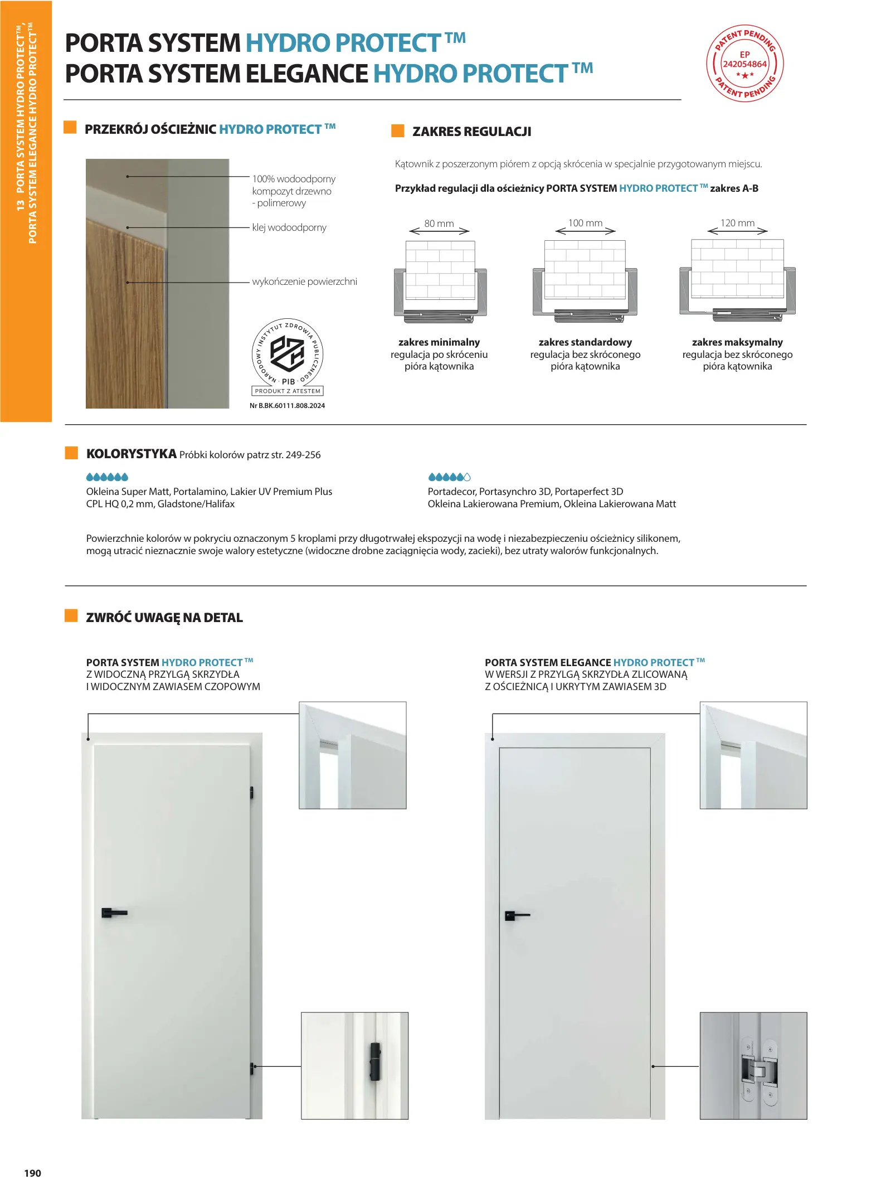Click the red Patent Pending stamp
tap(744, 64)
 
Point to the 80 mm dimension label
tap(439, 224)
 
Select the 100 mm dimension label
tap(585, 223)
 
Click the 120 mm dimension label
tap(737, 223)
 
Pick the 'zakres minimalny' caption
tap(439, 342)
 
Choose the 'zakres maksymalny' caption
tap(737, 342)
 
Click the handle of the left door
tap(114, 913)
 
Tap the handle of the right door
tap(517, 915)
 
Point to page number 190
tap(32, 1173)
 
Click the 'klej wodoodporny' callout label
tap(289, 227)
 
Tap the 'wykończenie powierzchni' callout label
tap(304, 281)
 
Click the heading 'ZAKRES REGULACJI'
tap(471, 132)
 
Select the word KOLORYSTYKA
tap(132, 454)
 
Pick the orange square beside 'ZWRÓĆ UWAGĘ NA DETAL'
tap(71, 615)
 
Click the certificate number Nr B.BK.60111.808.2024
tap(287, 406)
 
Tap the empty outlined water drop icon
tap(467, 477)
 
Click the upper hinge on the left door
tap(251, 792)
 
